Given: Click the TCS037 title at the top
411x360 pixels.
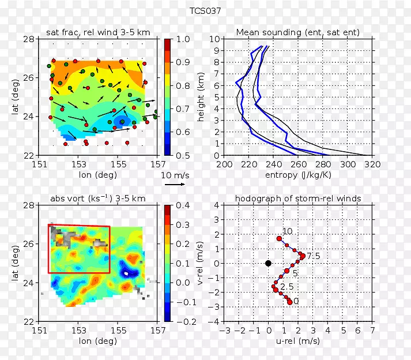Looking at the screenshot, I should click(205, 11).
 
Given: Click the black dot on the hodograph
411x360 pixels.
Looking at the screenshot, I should click(268, 263).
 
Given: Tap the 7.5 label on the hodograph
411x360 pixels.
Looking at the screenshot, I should click(314, 256).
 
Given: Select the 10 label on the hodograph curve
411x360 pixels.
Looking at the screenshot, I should click(288, 231).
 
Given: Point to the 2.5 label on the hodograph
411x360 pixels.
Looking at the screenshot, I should click(287, 287).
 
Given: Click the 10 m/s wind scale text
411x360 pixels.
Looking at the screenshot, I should click(174, 174).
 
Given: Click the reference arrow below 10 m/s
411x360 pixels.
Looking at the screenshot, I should click(174, 185).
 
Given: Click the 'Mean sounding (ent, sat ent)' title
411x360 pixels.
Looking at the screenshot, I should click(298, 32).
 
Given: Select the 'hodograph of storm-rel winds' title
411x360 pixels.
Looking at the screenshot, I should click(298, 198).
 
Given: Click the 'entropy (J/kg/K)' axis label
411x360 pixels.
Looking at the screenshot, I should click(297, 175).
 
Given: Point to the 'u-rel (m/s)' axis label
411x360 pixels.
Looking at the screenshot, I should click(297, 341).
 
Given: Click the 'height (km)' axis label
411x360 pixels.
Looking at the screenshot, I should click(201, 97).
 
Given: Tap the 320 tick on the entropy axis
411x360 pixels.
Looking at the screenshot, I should click(372, 164).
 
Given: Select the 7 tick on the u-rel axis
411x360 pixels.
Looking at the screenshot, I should click(372, 331).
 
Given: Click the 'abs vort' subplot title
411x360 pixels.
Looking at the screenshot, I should click(97, 198).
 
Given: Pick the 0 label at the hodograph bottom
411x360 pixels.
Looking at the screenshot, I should click(296, 301).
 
